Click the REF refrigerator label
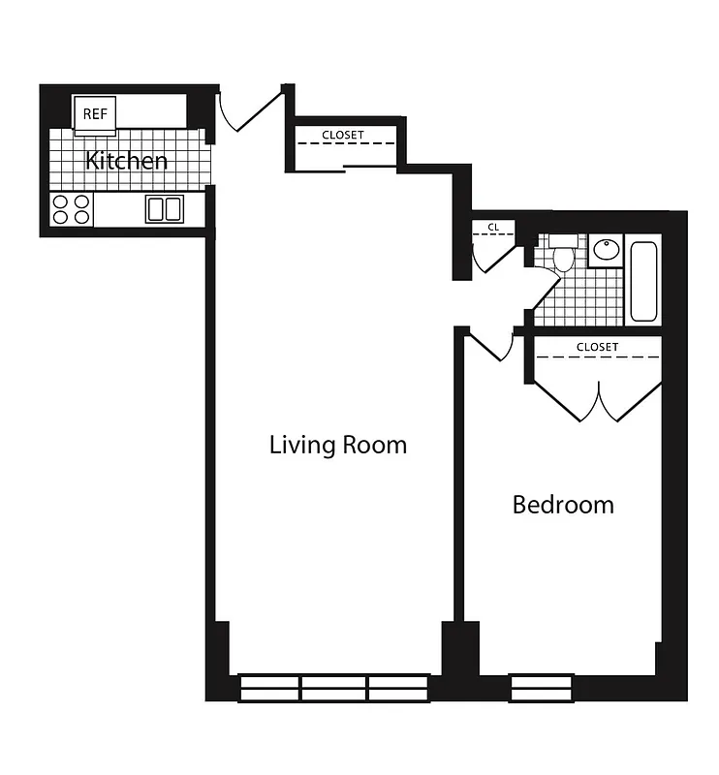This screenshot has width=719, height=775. point(95,113)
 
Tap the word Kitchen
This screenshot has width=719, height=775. point(127,161)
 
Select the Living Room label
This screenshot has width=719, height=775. point(337,445)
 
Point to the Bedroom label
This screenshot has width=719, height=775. point(563,505)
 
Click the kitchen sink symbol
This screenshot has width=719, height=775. point(165,208)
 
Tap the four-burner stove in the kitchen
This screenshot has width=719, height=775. point(72,209)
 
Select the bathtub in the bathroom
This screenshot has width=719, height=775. point(643,281)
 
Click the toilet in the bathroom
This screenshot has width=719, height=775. point(564,256)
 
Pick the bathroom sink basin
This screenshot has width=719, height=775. point(606,250)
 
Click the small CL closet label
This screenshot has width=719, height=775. point(493,228)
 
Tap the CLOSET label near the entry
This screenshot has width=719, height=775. point(343,135)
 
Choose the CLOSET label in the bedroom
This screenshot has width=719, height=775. point(597,346)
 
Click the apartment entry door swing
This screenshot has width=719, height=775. point(247,112)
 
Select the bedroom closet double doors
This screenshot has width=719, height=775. point(601,402)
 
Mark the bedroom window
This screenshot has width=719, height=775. point(542,688)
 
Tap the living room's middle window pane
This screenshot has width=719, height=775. point(333,688)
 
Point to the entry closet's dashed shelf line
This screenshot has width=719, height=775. point(345,144)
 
